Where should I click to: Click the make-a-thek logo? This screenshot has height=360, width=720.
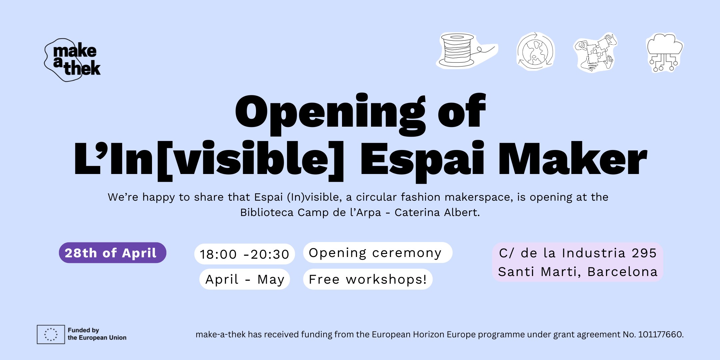[x=72, y=60]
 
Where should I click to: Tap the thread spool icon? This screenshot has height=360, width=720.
[x=467, y=51]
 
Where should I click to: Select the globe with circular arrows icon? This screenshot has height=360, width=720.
[x=535, y=51]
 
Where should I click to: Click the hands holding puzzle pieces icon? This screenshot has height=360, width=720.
[x=595, y=52]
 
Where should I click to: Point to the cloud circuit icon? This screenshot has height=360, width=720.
[x=665, y=53]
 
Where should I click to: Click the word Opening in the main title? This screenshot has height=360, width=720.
[x=330, y=113]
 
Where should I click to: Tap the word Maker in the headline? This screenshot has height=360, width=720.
[x=572, y=158]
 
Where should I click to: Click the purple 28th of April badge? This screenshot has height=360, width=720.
[x=113, y=253]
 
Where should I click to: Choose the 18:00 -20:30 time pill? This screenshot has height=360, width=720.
[x=244, y=254]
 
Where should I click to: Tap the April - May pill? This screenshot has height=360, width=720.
[x=245, y=279]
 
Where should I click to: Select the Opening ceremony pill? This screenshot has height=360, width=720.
[x=378, y=253]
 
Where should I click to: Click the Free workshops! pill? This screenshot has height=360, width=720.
[x=368, y=279]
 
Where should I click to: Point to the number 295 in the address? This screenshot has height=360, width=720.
[x=644, y=253]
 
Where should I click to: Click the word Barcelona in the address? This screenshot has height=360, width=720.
[x=622, y=272]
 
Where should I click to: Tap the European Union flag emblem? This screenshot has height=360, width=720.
[x=51, y=334]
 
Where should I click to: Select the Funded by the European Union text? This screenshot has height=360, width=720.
[x=97, y=334]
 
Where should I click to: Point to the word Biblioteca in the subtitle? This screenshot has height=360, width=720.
[x=267, y=212]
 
